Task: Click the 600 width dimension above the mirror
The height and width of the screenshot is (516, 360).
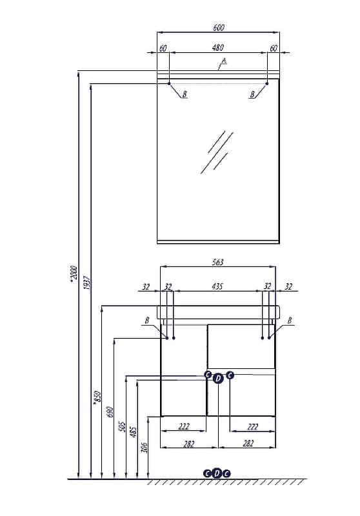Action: (219, 28)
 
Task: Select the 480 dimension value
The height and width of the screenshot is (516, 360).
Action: (218, 48)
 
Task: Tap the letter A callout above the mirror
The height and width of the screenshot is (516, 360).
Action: (224, 61)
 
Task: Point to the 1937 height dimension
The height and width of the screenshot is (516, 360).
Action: (87, 282)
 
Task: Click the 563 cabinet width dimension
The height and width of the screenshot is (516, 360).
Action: (218, 262)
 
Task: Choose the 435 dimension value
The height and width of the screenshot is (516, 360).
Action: (217, 286)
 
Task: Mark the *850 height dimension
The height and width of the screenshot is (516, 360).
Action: (97, 397)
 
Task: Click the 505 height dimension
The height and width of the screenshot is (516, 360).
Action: (122, 426)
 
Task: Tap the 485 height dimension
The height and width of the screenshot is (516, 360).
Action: (134, 432)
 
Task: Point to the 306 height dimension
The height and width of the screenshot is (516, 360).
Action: (145, 447)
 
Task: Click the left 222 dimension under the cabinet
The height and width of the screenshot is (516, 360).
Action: (184, 426)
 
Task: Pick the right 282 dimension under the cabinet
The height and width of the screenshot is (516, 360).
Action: (248, 444)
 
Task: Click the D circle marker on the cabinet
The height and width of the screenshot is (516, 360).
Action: (218, 379)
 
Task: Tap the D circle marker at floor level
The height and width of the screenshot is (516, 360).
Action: (217, 473)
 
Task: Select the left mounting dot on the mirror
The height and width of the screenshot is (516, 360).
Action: (169, 84)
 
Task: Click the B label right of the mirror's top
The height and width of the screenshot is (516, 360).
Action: (252, 95)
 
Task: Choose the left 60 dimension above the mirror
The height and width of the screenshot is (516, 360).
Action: (163, 48)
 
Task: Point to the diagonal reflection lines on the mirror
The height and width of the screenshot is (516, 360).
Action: (217, 152)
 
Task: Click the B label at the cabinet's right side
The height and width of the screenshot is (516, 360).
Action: (290, 320)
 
